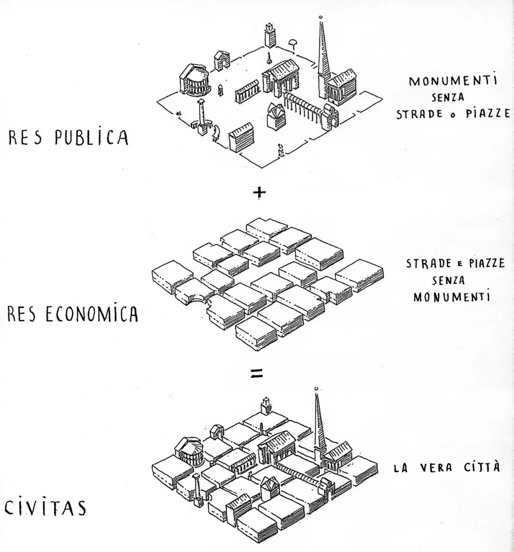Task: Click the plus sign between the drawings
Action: pos(259,193)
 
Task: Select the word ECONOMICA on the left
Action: pos(92,314)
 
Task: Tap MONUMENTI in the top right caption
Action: pos(454,80)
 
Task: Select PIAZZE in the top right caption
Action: pos(488,113)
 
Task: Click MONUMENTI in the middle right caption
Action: pos(451,297)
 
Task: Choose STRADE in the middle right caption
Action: pos(429,264)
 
